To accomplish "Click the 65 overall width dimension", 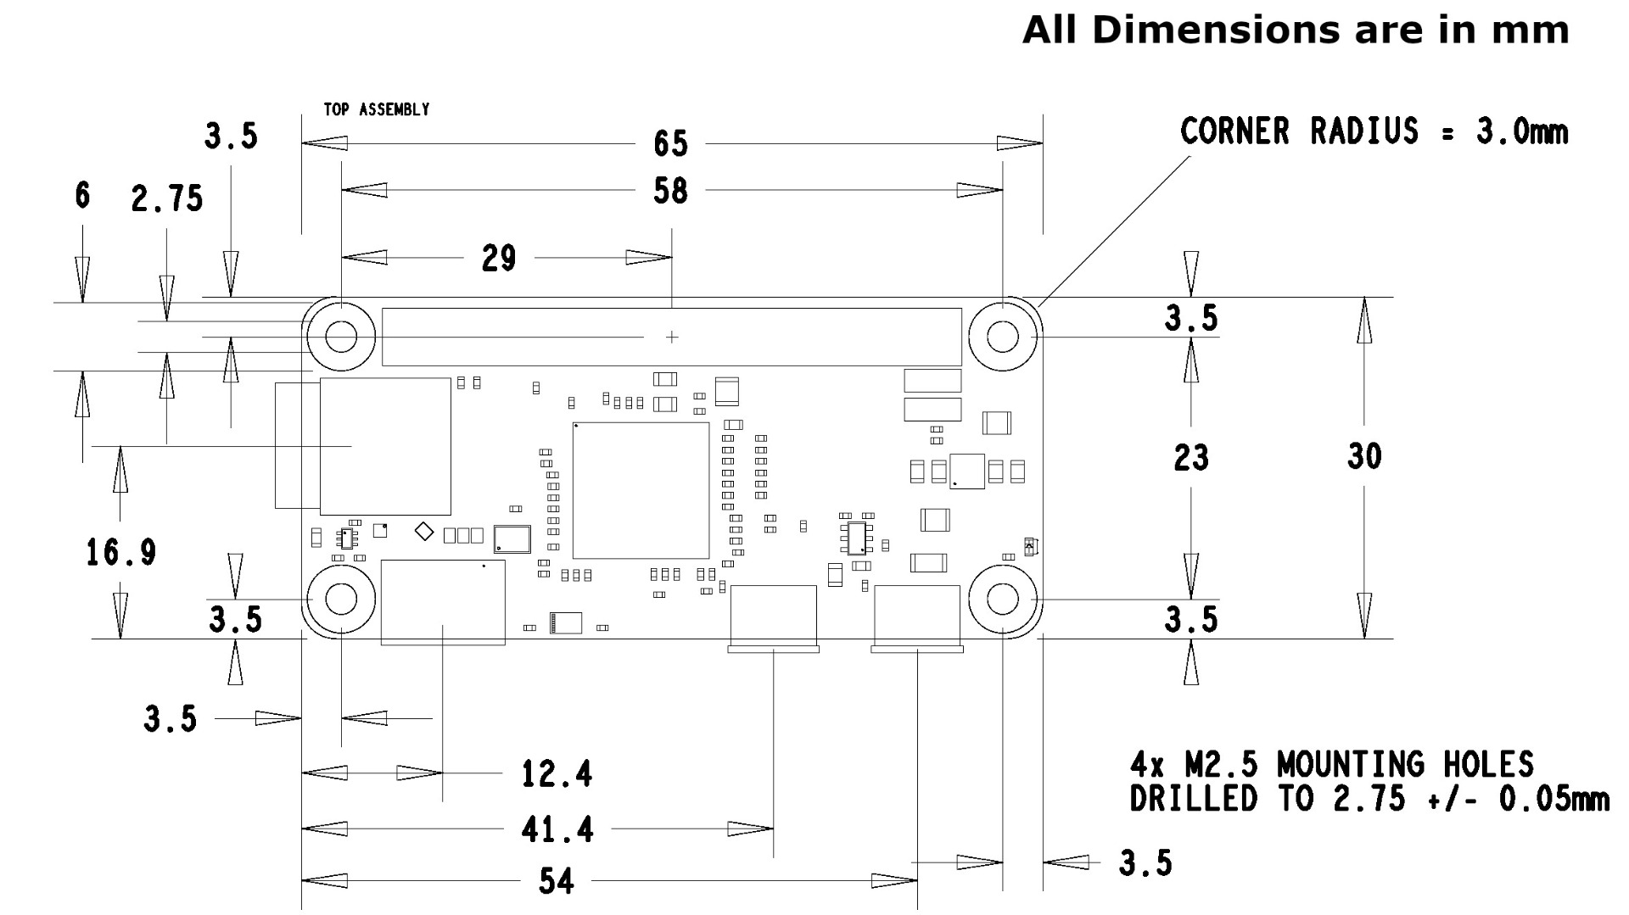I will (670, 144).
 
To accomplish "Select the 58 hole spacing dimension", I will (670, 192).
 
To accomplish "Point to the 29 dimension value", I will (499, 259).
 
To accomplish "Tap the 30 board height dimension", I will (1364, 457).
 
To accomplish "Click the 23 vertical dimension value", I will (1191, 459).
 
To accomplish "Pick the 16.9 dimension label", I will (121, 554).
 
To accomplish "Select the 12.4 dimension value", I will (557, 774).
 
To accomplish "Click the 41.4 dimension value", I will (557, 829).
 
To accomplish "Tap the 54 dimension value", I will (557, 882).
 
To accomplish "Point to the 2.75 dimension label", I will (167, 199).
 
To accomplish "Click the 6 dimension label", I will (82, 196).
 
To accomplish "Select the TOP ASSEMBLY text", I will (377, 109).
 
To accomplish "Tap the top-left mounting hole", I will (341, 337).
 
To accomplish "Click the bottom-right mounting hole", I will (1003, 600).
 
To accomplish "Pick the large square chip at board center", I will (641, 490).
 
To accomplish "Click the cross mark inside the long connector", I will (672, 338).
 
